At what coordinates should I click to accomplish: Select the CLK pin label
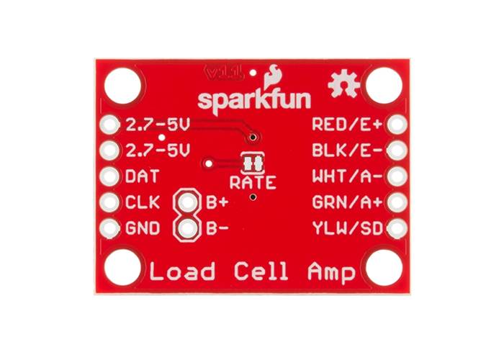pyautogui.click(x=138, y=203)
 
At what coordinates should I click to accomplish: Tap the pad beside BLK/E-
pyautogui.click(x=395, y=150)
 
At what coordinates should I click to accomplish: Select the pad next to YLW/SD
pyautogui.click(x=395, y=229)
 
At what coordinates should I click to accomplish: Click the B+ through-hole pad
pyautogui.click(x=188, y=203)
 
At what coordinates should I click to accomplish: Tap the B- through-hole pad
pyautogui.click(x=188, y=229)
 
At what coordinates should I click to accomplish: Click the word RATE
pyautogui.click(x=252, y=182)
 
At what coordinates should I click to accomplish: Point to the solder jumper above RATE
pyautogui.click(x=251, y=162)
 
